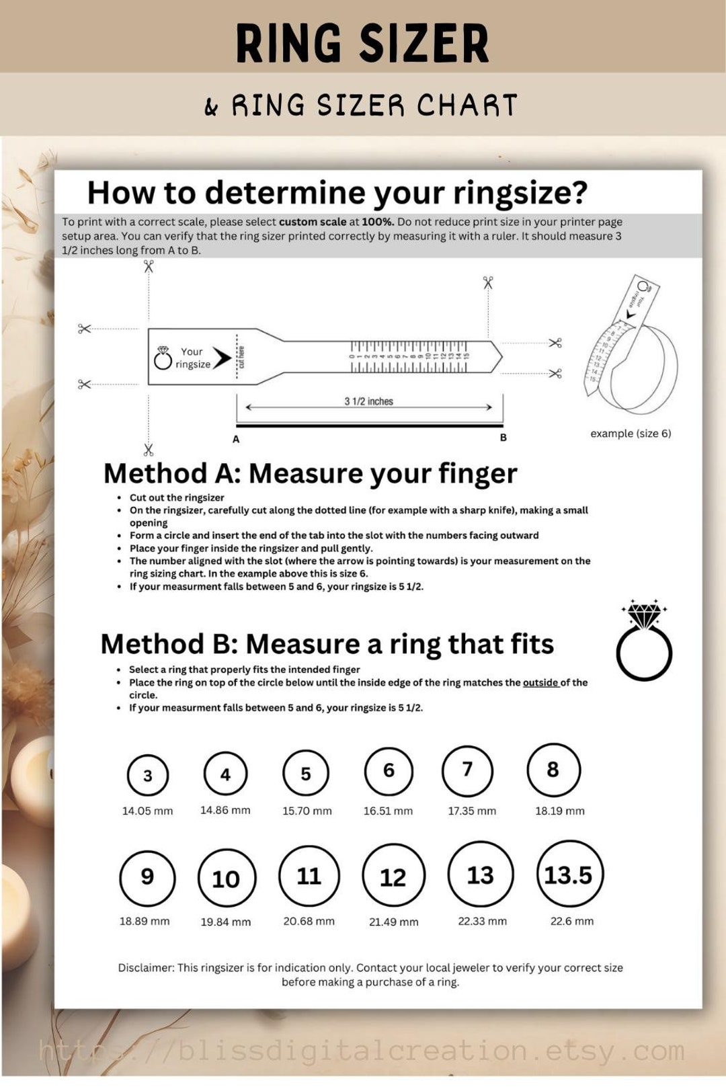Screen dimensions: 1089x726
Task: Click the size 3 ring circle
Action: click(x=148, y=775)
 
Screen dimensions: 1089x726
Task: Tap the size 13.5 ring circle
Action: click(x=569, y=874)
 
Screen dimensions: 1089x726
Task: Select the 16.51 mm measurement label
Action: click(x=388, y=811)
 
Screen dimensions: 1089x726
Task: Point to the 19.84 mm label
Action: click(x=226, y=922)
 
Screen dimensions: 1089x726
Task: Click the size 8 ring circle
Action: click(x=553, y=770)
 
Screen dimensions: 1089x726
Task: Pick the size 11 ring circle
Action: click(x=309, y=875)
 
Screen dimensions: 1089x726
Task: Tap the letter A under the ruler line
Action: click(x=236, y=439)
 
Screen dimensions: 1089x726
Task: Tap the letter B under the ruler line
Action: click(x=503, y=438)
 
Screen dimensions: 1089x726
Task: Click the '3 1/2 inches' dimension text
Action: click(x=368, y=401)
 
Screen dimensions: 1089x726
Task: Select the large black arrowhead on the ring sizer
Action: click(x=222, y=358)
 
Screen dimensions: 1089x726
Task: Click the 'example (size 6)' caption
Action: click(x=631, y=434)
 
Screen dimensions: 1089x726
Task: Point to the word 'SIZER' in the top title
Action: click(x=425, y=44)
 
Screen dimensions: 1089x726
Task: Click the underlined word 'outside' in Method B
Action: click(x=540, y=682)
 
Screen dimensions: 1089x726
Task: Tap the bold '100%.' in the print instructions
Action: click(x=378, y=222)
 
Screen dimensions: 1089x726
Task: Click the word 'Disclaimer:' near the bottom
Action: click(x=146, y=967)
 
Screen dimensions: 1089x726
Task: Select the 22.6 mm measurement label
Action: click(x=571, y=921)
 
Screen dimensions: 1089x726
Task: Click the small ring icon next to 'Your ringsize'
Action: click(x=163, y=359)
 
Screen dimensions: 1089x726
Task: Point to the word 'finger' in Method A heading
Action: click(x=477, y=473)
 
